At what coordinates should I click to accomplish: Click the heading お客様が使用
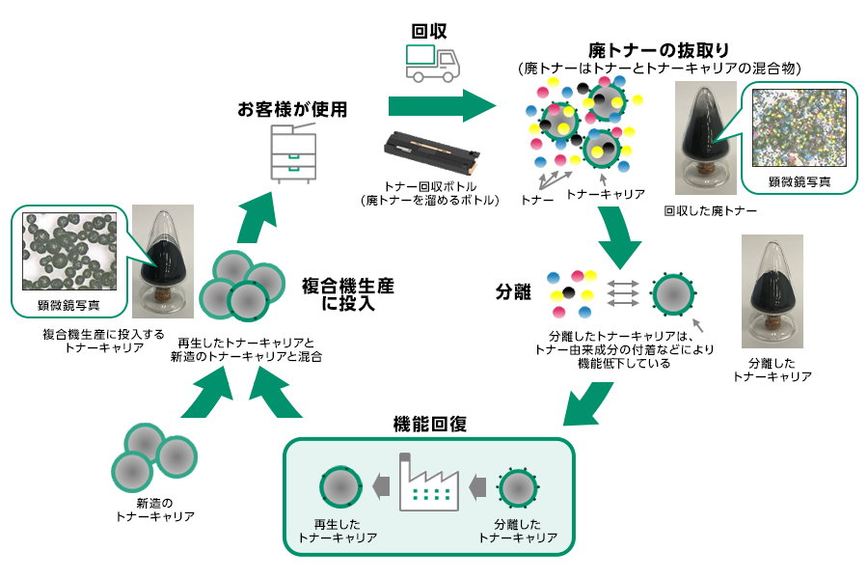click(x=292, y=110)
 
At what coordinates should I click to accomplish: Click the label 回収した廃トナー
click(x=710, y=209)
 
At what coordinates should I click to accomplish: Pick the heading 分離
click(x=513, y=291)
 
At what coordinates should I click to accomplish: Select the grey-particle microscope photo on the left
click(x=69, y=253)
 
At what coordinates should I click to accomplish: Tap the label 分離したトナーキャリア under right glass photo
click(x=772, y=370)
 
